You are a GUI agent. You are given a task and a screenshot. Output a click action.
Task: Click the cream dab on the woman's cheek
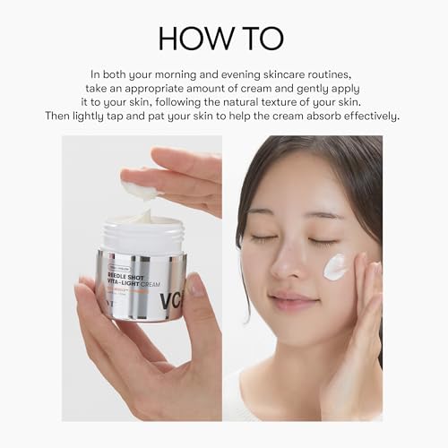pos(335,266)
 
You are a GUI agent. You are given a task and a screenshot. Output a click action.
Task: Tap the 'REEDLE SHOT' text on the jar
pos(133,276)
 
